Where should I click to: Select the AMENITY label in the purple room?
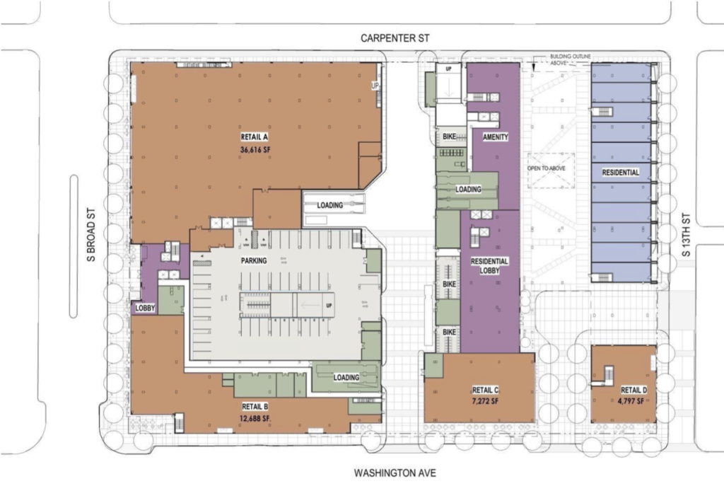coord(495,137)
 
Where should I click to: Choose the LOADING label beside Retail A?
coord(329,205)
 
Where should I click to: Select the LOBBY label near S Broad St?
coord(145,308)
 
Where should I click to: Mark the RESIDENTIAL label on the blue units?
coord(621,173)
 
